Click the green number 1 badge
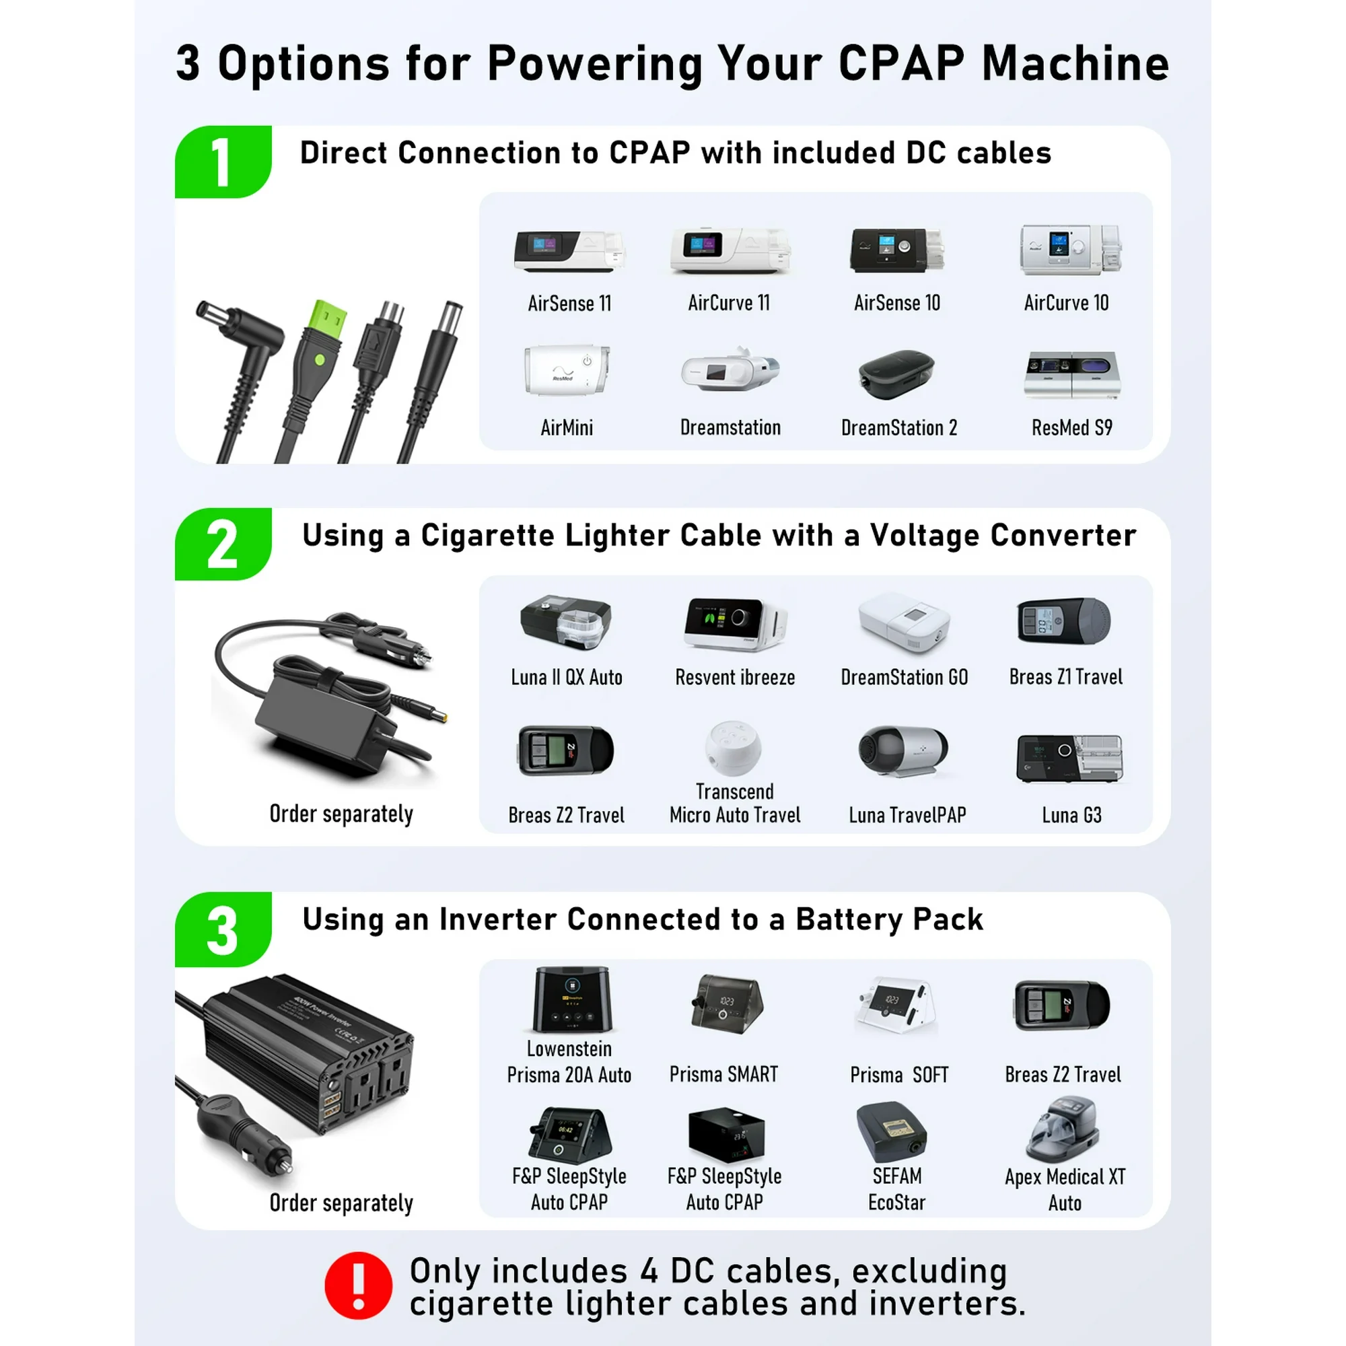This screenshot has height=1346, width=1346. click(x=223, y=162)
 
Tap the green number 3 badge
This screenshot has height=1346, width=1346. click(x=223, y=929)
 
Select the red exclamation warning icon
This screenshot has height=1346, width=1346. click(x=358, y=1285)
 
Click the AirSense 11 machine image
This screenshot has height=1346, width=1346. click(x=569, y=252)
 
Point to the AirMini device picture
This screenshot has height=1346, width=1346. click(x=567, y=369)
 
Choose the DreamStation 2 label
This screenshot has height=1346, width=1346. click(x=898, y=427)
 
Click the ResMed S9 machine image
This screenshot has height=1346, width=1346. click(x=1072, y=375)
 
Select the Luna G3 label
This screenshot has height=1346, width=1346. click(x=1071, y=814)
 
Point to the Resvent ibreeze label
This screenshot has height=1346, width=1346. click(x=735, y=676)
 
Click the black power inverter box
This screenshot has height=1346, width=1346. click(x=306, y=1050)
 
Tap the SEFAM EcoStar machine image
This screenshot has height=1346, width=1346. click(x=892, y=1132)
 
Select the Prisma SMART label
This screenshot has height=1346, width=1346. click(x=723, y=1073)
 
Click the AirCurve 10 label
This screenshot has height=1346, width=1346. click(x=1066, y=302)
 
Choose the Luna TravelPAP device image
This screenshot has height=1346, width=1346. click(x=903, y=752)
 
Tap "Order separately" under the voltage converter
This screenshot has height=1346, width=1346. click(x=341, y=814)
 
